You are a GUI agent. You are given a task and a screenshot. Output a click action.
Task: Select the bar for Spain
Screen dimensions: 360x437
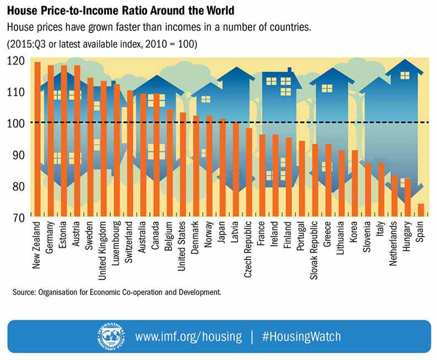click(x=421, y=210)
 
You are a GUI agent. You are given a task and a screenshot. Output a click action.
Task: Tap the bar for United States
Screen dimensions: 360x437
click(x=183, y=165)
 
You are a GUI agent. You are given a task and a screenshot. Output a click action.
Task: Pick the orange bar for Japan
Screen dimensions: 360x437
click(x=223, y=168)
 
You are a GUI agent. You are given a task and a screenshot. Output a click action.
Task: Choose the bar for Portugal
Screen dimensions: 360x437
click(x=301, y=179)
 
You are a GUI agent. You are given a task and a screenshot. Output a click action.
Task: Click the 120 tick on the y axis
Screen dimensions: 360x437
click(x=17, y=61)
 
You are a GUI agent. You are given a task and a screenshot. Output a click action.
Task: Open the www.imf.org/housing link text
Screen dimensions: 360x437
click(x=188, y=336)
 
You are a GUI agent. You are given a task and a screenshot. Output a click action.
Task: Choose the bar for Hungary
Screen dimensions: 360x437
click(x=408, y=198)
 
